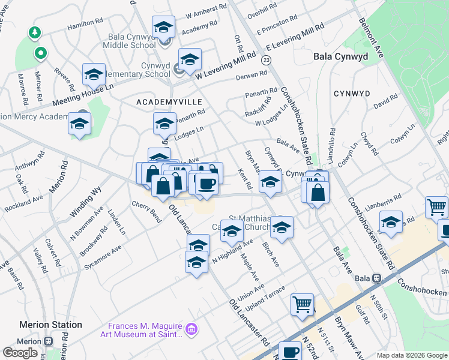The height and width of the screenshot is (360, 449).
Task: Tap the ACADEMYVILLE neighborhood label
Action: [169, 102]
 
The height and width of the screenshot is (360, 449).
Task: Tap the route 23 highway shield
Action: [266, 59]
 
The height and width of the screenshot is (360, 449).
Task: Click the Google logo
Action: [20, 352]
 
